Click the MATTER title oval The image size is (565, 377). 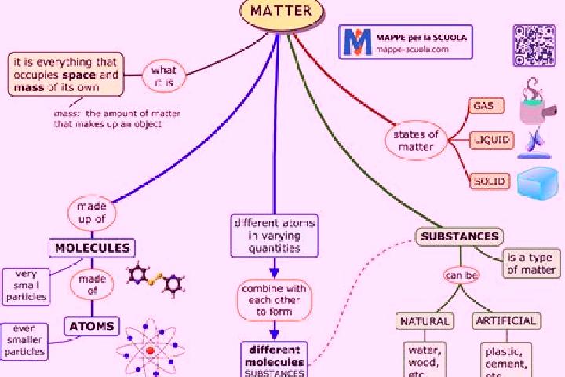click(x=282, y=13)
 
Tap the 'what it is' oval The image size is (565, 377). click(x=163, y=76)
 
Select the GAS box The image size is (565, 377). click(x=487, y=106)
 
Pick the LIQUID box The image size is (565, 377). click(x=491, y=140)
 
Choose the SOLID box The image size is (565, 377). click(x=490, y=181)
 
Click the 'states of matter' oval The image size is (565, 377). click(x=415, y=141)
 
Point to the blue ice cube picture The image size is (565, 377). click(x=538, y=183)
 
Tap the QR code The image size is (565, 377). click(x=534, y=46)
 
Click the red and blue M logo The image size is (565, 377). click(x=357, y=42)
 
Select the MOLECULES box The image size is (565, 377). click(x=92, y=248)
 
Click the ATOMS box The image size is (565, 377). click(x=92, y=326)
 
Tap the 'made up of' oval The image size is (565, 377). click(x=92, y=213)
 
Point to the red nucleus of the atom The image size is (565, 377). click(x=150, y=350)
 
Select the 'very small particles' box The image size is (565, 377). click(x=27, y=287)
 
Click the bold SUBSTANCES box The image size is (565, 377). click(x=459, y=236)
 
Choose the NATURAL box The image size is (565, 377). click(x=425, y=321)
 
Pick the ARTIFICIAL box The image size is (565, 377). click(x=506, y=320)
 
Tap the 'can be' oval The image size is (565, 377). click(x=461, y=276)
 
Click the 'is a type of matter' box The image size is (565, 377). click(x=531, y=263)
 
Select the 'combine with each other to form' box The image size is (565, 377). click(x=274, y=300)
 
